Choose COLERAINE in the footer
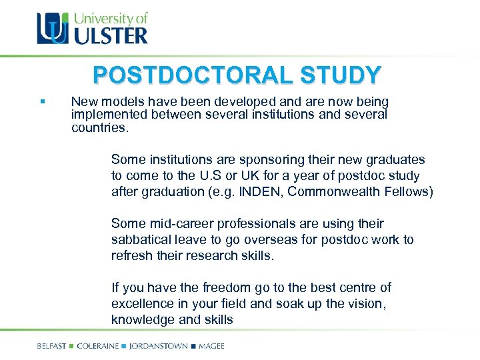point(99,346)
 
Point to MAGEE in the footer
point(211,346)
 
